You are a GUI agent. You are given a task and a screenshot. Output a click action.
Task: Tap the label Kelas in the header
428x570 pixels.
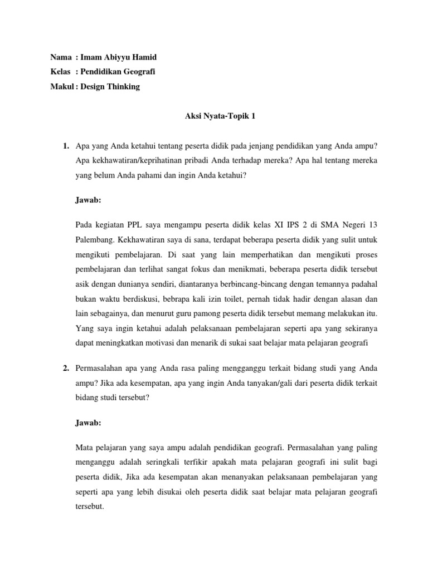(x=60, y=71)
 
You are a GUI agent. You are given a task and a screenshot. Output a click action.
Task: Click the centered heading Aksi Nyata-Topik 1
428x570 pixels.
(x=213, y=117)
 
